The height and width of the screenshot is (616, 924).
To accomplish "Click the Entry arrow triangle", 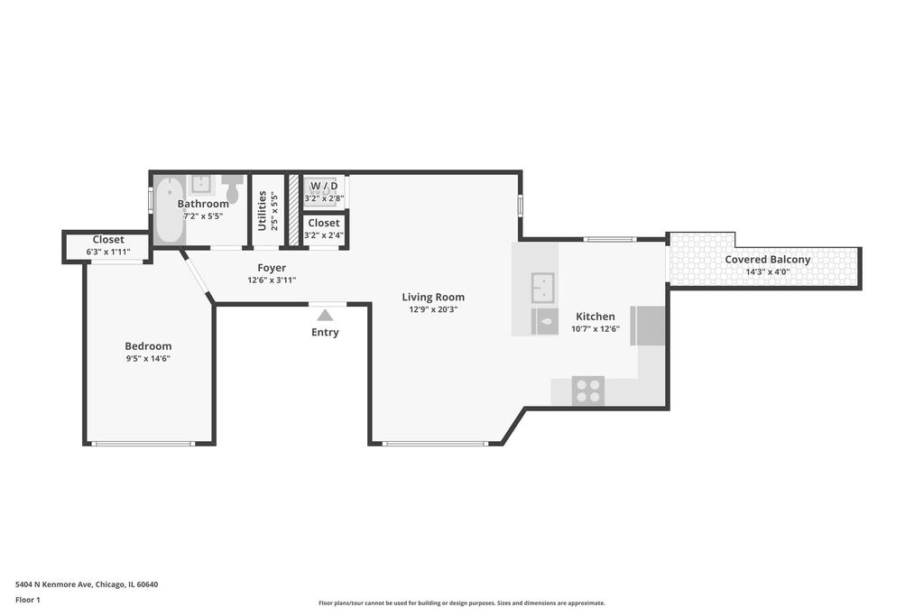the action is tap(325, 315).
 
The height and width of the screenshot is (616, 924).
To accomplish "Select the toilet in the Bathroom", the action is tap(232, 188).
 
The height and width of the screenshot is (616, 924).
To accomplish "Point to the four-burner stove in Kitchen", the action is tap(588, 390).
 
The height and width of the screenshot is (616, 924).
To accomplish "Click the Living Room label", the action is tap(433, 298).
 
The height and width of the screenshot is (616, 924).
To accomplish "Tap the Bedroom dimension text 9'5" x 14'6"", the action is tap(148, 359).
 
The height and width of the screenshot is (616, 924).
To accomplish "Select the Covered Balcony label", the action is tap(767, 259).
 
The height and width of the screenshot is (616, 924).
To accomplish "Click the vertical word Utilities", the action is tap(263, 210).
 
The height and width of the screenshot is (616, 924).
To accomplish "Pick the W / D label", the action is tap(324, 186).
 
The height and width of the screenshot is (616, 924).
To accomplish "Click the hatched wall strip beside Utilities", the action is tap(293, 210).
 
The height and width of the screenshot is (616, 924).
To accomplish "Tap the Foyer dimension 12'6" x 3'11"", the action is tap(272, 280).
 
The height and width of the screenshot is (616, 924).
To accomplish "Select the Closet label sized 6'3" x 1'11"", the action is tap(108, 240).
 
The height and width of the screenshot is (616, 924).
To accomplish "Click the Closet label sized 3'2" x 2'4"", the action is tap(324, 223).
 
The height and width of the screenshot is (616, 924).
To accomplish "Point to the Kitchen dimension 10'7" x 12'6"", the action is tap(596, 329).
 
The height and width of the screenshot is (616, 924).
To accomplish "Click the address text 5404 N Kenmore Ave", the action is tap(53, 584).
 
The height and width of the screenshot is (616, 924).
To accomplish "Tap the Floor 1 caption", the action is tap(28, 600).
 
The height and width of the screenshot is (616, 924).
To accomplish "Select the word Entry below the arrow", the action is tap(325, 333).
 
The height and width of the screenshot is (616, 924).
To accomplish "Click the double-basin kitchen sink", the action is tap(542, 288).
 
